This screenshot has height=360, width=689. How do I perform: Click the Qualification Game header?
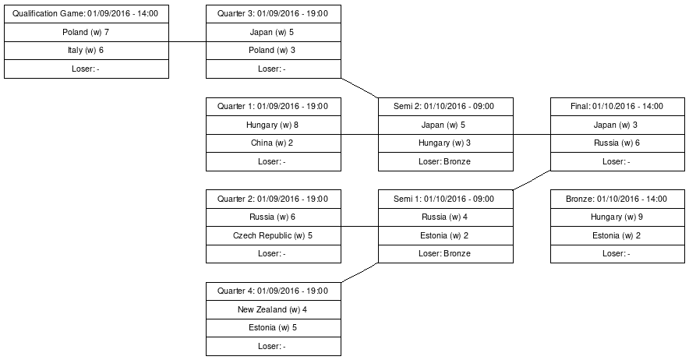click(x=86, y=14)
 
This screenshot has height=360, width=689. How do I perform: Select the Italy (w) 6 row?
click(x=86, y=50)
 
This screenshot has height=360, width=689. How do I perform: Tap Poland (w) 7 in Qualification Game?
click(x=86, y=32)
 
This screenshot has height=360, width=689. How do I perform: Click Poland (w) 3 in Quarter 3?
click(x=273, y=50)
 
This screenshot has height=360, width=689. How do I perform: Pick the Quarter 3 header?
click(x=273, y=14)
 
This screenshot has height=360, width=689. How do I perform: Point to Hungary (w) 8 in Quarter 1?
click(x=273, y=125)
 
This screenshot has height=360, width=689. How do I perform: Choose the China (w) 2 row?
click(x=273, y=143)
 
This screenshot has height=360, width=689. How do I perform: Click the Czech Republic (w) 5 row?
click(x=273, y=235)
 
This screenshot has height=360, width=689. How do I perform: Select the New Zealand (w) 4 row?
click(x=273, y=309)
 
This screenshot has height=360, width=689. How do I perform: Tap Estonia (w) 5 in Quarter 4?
click(x=273, y=327)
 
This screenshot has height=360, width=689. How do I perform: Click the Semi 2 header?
click(x=445, y=107)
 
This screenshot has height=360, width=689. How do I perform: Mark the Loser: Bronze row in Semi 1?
click(x=445, y=253)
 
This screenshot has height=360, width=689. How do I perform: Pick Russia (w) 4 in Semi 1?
click(x=445, y=217)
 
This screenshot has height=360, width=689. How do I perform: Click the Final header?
click(x=617, y=107)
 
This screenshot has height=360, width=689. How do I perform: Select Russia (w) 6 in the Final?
click(x=617, y=143)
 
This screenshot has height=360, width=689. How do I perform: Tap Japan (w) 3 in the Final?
click(x=617, y=125)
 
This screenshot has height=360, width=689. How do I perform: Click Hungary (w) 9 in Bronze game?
click(x=617, y=217)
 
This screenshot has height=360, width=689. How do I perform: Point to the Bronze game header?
click(x=617, y=199)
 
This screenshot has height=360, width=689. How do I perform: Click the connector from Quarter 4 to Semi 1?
click(x=359, y=273)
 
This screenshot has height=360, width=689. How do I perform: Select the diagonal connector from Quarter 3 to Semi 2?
click(x=359, y=87)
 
